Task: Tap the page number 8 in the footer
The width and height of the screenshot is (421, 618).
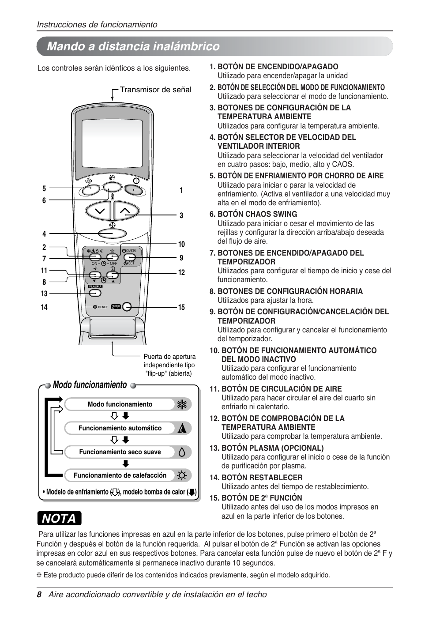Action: tap(39, 595)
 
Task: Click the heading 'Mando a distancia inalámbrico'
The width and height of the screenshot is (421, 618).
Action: tap(133, 46)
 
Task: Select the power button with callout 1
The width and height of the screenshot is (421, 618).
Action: tap(134, 190)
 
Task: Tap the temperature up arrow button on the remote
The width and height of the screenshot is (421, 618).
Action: tap(125, 211)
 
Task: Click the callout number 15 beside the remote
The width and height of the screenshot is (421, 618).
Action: tap(181, 307)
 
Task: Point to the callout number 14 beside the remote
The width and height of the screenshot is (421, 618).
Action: tap(44, 307)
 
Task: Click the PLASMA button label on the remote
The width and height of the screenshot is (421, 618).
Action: tap(95, 286)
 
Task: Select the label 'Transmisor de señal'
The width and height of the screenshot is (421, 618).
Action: tap(155, 90)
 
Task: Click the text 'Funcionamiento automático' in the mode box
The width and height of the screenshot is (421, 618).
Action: tap(120, 428)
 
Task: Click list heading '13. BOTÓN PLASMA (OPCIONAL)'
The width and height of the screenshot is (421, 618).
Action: tap(267, 448)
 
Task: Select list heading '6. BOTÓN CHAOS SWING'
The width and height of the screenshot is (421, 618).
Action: tap(253, 214)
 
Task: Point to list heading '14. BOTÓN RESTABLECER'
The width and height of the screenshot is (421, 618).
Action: tap(256, 478)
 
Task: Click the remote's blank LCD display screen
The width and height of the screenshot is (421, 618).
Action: tap(109, 143)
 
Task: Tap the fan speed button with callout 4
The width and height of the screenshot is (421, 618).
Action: tap(112, 233)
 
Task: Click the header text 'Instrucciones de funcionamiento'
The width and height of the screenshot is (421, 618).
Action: tap(97, 25)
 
